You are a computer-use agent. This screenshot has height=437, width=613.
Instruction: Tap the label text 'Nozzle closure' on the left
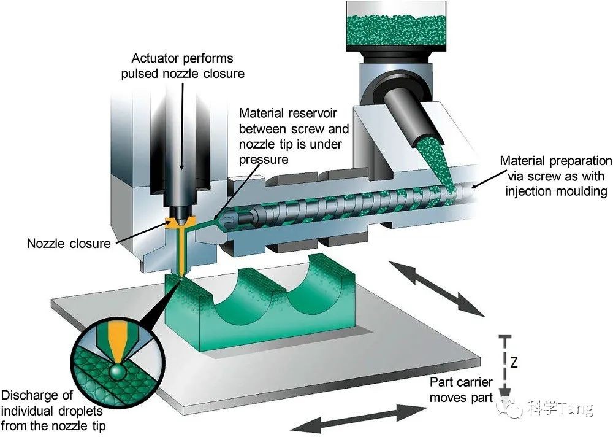69,244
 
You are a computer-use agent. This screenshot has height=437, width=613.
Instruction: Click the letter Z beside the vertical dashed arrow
514,363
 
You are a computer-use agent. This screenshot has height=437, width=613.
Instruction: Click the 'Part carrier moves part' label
461,390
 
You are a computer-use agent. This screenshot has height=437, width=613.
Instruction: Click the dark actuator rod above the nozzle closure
183,178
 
